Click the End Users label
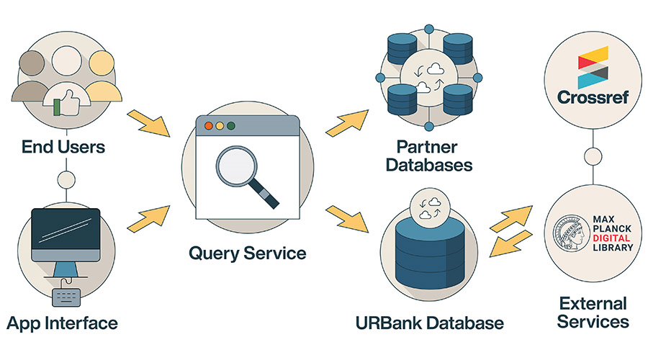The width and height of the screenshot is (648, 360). point(63,148)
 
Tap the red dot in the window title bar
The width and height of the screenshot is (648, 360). point(209,125)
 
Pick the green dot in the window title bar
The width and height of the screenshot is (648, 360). point(231,125)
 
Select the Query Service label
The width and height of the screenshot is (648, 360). point(248,253)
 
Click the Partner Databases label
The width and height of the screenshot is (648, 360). point(429,155)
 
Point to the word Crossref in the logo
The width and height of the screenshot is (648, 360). point(594,96)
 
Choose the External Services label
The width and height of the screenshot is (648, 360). point(593,312)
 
